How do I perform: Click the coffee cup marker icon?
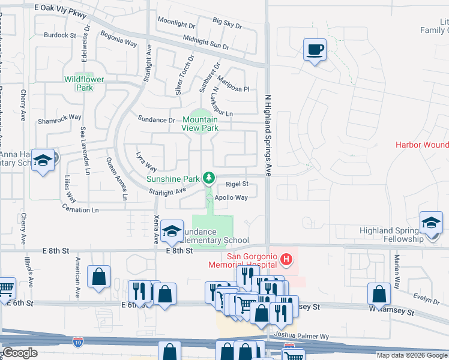(315, 49)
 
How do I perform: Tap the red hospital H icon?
(287, 259)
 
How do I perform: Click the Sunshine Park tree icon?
(208, 177)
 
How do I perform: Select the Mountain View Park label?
(200, 124)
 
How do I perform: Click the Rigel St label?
(237, 184)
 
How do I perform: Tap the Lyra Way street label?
(146, 161)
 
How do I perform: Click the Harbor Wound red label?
(422, 145)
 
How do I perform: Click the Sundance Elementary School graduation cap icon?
(172, 231)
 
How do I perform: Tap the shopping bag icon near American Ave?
(98, 277)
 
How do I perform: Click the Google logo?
(20, 353)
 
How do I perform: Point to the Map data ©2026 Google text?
(412, 355)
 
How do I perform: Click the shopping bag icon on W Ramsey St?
(379, 294)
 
